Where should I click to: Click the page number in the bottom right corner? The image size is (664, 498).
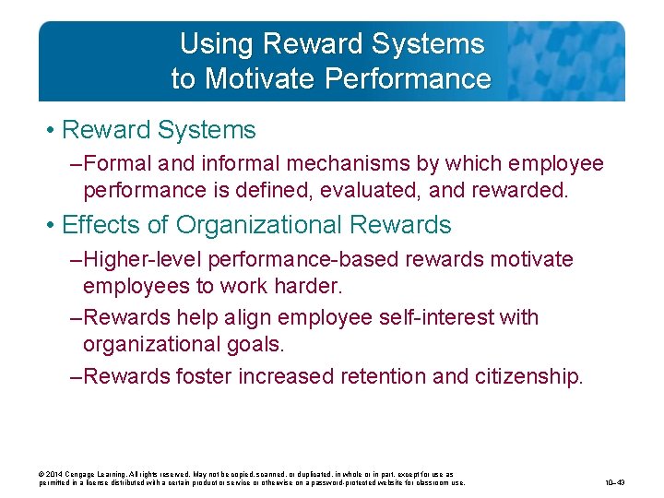[615, 481]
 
